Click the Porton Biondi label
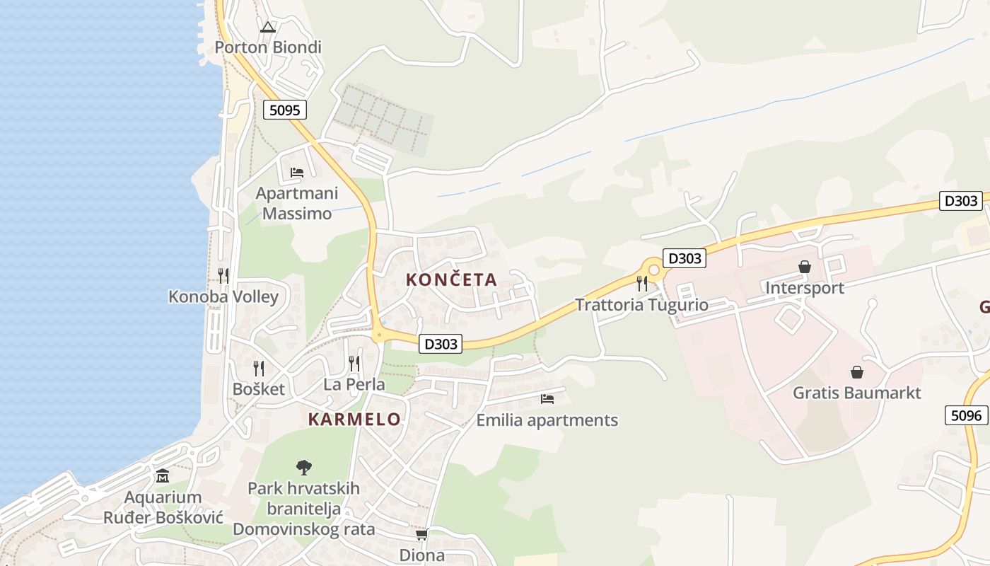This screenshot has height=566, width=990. point(267,47)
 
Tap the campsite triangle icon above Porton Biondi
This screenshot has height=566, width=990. point(267,28)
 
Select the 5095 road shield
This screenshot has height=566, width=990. point(285,110)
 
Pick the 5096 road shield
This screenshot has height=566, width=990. point(967,415)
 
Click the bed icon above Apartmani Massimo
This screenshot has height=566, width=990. point(297,172)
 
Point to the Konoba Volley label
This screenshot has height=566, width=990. point(223,296)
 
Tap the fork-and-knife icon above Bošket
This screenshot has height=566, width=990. point(259,368)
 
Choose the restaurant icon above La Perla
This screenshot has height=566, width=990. point(354,364)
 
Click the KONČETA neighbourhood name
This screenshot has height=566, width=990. point(452,279)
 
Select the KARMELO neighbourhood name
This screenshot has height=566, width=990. point(354,419)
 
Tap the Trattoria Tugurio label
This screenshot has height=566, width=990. point(641,305)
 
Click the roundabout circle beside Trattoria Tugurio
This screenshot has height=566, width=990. point(654,270)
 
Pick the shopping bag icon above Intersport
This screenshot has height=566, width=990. point(805,267)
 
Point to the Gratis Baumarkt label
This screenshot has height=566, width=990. point(857,393)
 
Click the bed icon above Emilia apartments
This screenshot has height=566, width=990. point(547,399)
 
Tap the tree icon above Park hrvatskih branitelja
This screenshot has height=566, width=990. point(304,467)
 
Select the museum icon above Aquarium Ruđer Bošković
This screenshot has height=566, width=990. point(163,475)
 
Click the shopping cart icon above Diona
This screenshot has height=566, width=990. point(422,534)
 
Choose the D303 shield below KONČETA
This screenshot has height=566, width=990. point(441,344)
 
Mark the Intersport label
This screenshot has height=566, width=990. point(805,288)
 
